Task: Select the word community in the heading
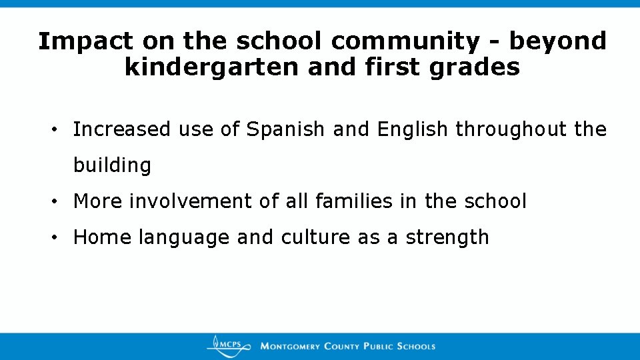[x=405, y=41]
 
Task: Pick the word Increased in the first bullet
[x=122, y=129]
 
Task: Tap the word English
[x=413, y=129]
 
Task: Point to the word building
[x=113, y=165]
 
